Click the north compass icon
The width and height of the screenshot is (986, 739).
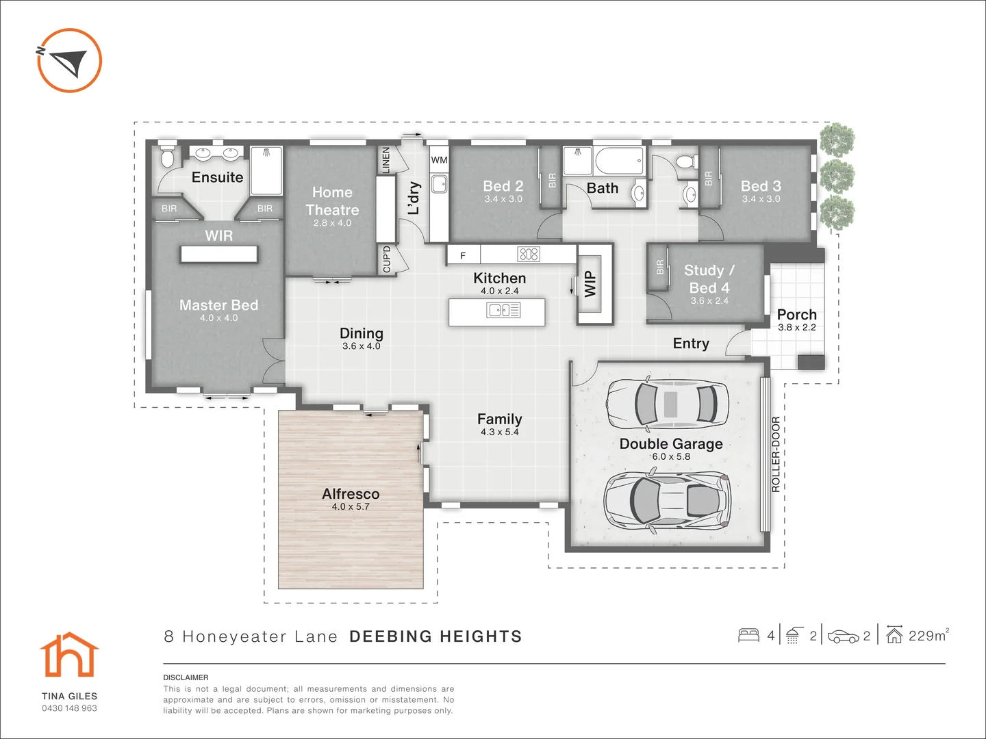[x=69, y=60]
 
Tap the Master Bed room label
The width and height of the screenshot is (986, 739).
[x=218, y=305]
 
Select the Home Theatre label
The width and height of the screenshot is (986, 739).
[x=332, y=201]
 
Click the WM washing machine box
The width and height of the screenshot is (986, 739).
[x=439, y=160]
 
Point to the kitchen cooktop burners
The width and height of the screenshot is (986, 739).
[x=529, y=255]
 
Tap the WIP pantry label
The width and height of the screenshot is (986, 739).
[x=590, y=284]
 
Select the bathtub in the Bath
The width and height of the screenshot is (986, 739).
[x=619, y=161]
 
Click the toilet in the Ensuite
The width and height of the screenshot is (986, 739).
[x=167, y=158]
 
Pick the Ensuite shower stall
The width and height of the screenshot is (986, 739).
[x=266, y=170]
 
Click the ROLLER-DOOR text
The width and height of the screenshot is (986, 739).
[x=776, y=454]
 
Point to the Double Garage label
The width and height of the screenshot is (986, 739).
[x=671, y=443]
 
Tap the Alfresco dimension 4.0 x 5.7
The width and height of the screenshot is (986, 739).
[x=351, y=507]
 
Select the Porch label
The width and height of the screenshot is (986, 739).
[x=796, y=315]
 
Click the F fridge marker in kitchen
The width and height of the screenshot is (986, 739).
[x=463, y=256]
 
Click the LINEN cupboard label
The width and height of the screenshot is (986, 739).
[x=385, y=160]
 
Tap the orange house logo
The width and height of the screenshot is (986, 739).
[x=69, y=655]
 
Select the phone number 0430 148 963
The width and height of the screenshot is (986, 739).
[x=69, y=708]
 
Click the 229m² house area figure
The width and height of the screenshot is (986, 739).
[x=928, y=636]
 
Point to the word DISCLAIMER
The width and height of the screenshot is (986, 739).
[x=186, y=677]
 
